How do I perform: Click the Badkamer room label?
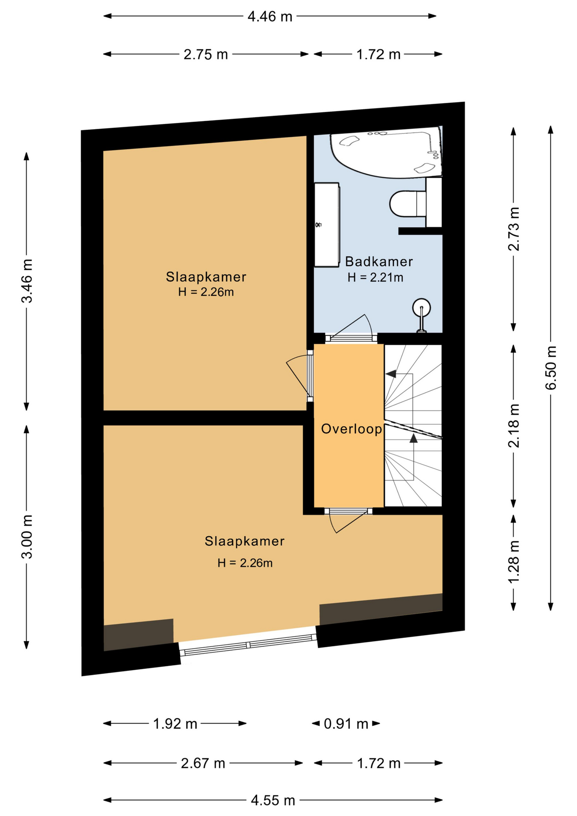[379, 261]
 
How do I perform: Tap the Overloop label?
[351, 429]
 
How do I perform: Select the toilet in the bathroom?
[408, 203]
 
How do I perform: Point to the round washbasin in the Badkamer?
[421, 308]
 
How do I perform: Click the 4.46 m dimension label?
[270, 16]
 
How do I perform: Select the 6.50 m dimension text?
[551, 368]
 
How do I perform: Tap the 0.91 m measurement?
[346, 723]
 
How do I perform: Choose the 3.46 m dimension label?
[27, 281]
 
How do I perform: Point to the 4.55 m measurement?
[273, 800]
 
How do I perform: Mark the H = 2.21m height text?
[375, 278]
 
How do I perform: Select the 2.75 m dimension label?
[206, 54]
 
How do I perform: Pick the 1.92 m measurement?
[175, 723]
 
